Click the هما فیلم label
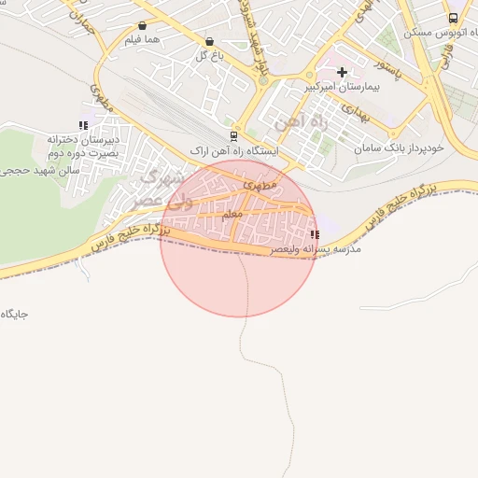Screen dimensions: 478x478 pyautogui.click(x=142, y=40)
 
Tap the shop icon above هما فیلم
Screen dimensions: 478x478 pyautogui.click(x=142, y=26)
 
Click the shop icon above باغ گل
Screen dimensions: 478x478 pyautogui.click(x=208, y=42)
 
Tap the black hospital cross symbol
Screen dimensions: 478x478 pyautogui.click(x=342, y=72)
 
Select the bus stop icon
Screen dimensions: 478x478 pyautogui.click(x=453, y=18)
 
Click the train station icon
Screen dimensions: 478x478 pyautogui.click(x=232, y=134)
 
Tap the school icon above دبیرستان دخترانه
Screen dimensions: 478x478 pyautogui.click(x=83, y=125)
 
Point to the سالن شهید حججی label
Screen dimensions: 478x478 pyautogui.click(x=39, y=171)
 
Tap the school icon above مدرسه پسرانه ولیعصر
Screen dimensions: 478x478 pyautogui.click(x=313, y=234)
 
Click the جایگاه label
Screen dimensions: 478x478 pyautogui.click(x=16, y=314)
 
